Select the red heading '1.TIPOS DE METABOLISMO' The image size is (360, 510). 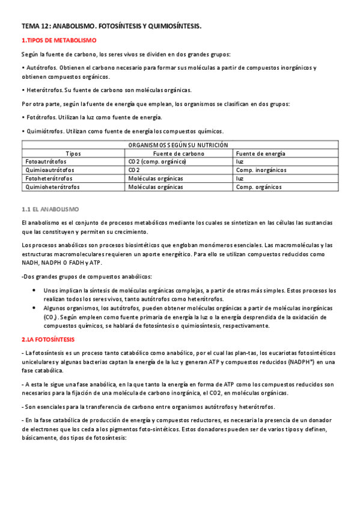(59, 40)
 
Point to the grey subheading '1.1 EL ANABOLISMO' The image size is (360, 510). (50, 209)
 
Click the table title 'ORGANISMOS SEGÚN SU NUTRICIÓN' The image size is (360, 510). (178, 145)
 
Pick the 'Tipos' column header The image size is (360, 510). (73, 153)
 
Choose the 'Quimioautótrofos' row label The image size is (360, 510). (49, 170)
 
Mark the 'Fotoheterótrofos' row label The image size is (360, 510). (49, 179)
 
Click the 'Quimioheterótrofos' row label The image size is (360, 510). (52, 187)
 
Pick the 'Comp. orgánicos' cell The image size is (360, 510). (258, 187)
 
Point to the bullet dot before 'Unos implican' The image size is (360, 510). (33, 290)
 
